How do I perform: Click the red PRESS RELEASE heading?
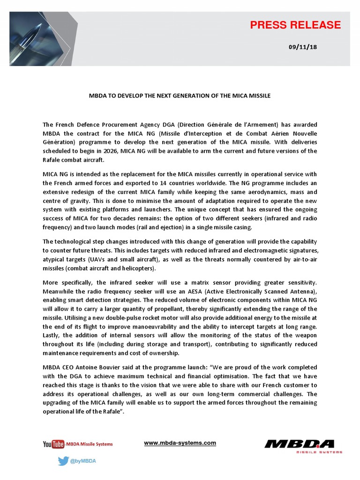click(295, 25)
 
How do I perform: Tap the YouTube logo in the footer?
click(53, 444)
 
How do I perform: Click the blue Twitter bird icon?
click(63, 461)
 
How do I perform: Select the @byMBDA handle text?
click(83, 461)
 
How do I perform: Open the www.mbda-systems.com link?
click(180, 443)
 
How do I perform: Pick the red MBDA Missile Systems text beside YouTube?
click(89, 444)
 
